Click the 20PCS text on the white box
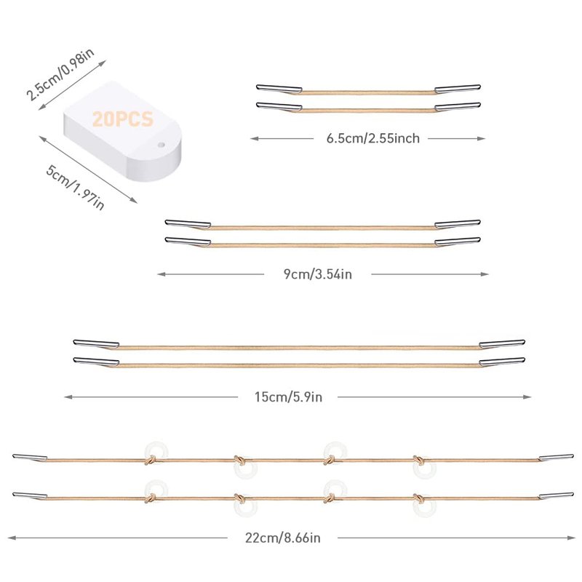coord(122,119)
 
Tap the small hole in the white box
coord(161,144)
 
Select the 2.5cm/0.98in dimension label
coord(60,74)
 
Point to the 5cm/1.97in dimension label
coord(75,187)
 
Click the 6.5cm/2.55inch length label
coord(373,138)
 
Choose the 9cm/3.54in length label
coord(318,274)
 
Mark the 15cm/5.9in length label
coord(288,397)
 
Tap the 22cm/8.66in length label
coord(282,538)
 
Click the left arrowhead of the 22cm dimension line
coord(12,538)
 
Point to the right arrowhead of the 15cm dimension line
coord(527,397)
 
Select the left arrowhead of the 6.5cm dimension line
coord(255,138)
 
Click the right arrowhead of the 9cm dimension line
coord(485,274)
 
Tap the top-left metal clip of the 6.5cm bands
coord(279,88)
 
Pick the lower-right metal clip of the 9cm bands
coord(458,242)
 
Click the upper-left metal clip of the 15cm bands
coord(96,343)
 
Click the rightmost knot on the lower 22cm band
coord(419,498)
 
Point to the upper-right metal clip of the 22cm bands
coord(556,458)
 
